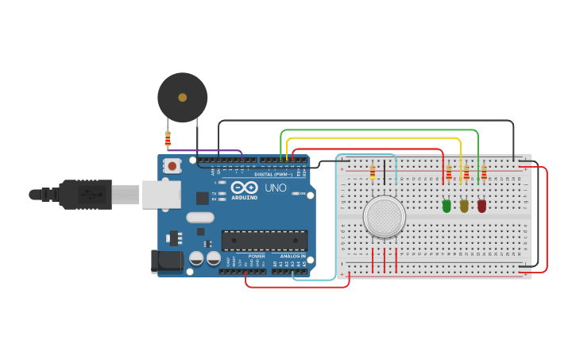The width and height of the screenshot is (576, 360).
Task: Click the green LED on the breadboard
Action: coord(446,206)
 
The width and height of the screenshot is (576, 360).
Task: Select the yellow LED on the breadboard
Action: coord(464,206)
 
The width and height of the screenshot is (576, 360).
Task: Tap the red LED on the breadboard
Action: coord(481,206)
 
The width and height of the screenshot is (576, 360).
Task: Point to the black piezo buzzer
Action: coord(182,97)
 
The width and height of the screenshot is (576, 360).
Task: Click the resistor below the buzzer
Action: coord(168,139)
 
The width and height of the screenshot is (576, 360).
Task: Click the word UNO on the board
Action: coord(275,188)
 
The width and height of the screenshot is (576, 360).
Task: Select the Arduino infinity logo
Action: coord(244,187)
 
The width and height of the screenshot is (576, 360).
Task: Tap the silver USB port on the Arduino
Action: coord(161,194)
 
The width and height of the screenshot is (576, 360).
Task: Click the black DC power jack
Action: coord(163,259)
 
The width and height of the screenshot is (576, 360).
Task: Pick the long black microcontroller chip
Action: coord(264,240)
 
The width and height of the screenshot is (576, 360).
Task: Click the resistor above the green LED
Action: coord(448,172)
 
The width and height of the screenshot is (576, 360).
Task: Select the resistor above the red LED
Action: coord(484,172)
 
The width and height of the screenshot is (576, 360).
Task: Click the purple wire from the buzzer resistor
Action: coord(207,150)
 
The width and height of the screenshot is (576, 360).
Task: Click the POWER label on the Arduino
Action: coord(257,257)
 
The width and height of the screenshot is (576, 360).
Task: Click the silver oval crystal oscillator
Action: coord(200,217)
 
